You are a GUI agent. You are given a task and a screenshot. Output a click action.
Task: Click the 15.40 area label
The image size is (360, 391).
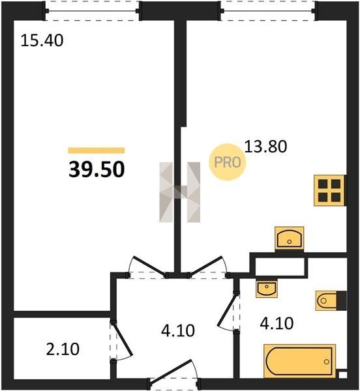(42, 41)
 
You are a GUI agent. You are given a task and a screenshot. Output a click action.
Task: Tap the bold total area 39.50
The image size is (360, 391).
(97, 169)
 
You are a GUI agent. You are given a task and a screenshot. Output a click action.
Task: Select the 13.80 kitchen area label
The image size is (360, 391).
(265, 147)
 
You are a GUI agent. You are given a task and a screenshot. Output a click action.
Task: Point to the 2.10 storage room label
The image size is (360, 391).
(63, 349)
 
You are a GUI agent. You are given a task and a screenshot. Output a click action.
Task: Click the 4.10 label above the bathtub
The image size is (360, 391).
(277, 324)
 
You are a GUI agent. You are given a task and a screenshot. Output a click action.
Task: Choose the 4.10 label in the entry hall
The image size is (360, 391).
(178, 331)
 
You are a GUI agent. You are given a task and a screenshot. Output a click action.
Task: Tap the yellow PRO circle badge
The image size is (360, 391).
(227, 162)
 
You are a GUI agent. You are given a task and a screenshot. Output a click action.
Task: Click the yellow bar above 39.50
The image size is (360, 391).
(97, 151)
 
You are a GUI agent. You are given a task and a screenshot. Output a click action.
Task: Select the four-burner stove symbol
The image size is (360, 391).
(329, 190)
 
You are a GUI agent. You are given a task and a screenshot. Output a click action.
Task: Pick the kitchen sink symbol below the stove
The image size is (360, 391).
(290, 239)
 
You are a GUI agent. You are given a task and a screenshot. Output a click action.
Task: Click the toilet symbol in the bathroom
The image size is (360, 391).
(331, 300)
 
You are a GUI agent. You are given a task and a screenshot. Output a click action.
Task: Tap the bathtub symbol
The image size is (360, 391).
(299, 361)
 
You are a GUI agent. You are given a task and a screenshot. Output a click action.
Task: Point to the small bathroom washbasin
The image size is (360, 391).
(267, 289)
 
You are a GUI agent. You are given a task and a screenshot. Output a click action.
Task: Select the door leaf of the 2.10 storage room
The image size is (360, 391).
(122, 338)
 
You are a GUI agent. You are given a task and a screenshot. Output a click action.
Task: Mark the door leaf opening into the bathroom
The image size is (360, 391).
(227, 310)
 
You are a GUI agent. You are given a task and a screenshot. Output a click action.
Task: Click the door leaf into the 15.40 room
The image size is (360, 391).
(150, 267)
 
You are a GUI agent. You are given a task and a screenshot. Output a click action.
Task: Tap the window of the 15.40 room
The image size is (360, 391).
(93, 10)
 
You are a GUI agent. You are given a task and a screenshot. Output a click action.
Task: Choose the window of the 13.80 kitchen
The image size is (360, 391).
(269, 10)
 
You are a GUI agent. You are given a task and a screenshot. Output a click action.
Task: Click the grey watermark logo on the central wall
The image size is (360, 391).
(179, 192)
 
